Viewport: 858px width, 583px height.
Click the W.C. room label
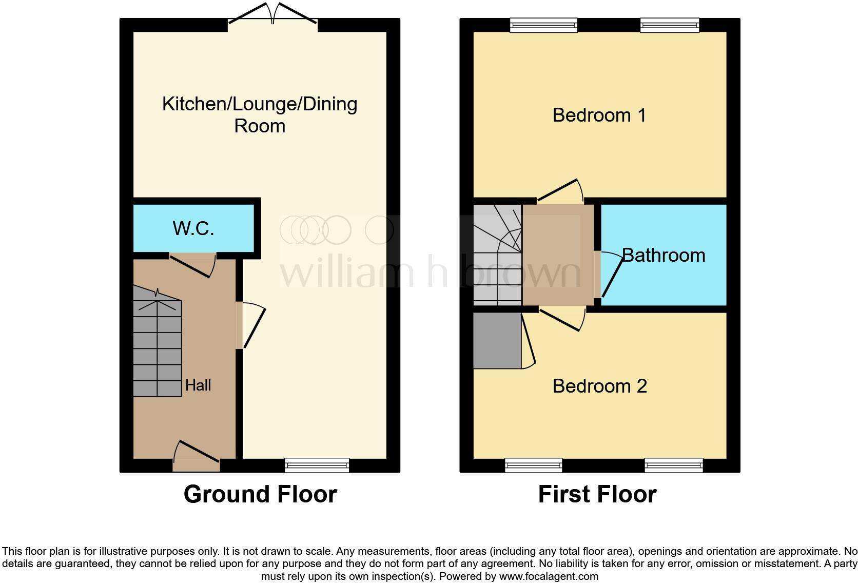click(193, 228)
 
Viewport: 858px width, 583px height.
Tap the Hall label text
click(198, 385)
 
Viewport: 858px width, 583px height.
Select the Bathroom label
click(664, 255)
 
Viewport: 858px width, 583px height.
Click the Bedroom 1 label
click(599, 115)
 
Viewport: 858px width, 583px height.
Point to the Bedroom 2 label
click(599, 386)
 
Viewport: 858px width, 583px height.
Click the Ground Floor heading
click(260, 494)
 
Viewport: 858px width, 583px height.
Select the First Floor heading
click(597, 494)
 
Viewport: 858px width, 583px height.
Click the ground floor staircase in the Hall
click(157, 344)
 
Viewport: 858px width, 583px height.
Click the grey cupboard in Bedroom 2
click(497, 341)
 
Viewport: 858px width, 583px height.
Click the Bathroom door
click(610, 275)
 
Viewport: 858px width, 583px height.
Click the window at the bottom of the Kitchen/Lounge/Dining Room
click(317, 465)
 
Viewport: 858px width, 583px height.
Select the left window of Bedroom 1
click(543, 25)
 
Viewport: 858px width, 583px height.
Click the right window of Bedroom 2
click(674, 465)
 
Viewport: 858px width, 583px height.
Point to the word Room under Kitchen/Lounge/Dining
click(260, 126)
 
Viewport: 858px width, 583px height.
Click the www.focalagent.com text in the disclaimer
click(549, 576)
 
